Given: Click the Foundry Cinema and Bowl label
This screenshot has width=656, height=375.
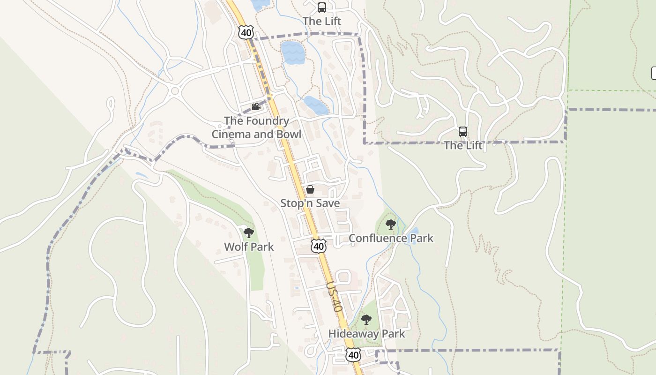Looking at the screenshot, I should point(256,127).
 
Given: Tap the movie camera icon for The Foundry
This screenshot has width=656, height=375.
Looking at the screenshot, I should point(255,107).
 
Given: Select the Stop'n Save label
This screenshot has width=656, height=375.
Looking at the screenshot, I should point(310,203).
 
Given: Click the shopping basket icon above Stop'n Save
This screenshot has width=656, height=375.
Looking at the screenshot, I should point(310,189).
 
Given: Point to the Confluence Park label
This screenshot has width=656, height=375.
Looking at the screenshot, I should point(391,238).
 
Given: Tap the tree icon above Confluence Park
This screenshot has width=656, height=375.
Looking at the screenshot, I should point(390,225).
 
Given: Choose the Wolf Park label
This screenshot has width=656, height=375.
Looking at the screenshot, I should point(249,247).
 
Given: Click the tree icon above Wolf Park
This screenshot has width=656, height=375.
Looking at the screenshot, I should point(248,233).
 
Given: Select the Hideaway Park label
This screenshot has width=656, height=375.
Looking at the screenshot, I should point(366,334).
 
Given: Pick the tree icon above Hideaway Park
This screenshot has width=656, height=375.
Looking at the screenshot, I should point(366,320).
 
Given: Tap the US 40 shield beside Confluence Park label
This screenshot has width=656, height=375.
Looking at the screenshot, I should point(318,246).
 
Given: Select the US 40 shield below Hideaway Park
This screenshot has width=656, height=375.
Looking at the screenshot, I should point(353,355).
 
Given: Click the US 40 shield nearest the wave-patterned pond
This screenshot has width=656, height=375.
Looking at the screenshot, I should point(246,32).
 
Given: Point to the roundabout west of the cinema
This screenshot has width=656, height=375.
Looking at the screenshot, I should point(176,90).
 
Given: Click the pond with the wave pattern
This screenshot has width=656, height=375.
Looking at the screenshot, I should point(293,52).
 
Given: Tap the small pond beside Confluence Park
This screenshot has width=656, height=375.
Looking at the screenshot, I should point(413,232).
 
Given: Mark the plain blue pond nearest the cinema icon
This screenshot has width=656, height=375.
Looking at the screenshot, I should point(315,105).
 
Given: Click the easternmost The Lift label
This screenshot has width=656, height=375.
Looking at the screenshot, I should point(463,145).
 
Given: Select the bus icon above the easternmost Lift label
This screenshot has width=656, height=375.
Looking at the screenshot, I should point(463,132).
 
